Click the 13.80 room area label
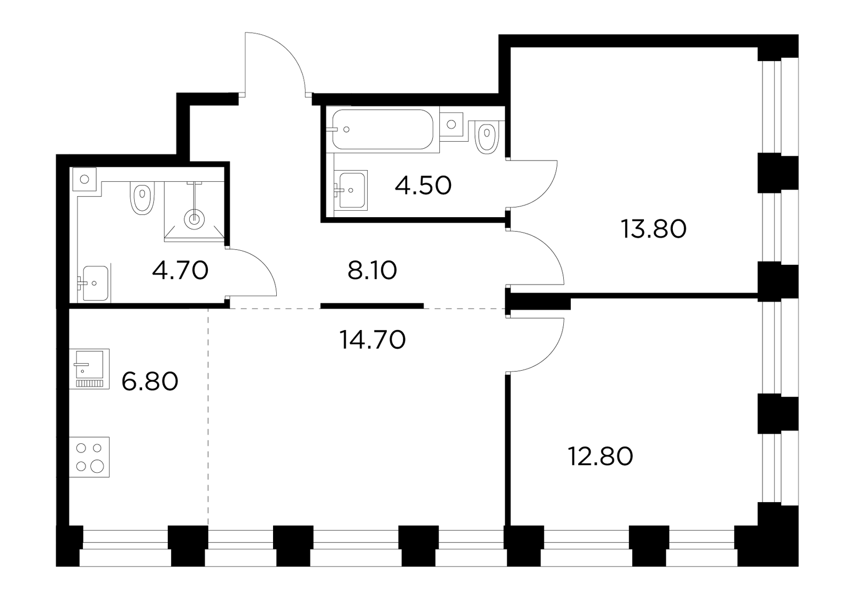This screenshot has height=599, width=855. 654,229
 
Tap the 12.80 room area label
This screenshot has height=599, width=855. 601,456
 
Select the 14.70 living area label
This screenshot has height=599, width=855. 372,340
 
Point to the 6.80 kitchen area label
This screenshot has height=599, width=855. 150,381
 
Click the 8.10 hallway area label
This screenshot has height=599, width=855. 372,271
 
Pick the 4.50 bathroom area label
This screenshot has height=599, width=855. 423,186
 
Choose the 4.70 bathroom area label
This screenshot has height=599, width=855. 180,270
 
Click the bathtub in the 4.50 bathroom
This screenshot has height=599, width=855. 383,129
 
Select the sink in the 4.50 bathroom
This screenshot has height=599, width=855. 351,190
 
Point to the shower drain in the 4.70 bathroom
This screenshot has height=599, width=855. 195,219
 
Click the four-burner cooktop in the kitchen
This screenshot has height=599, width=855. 90,457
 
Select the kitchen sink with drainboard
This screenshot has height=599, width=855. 90,369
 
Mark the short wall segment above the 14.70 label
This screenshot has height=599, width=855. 372,305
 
